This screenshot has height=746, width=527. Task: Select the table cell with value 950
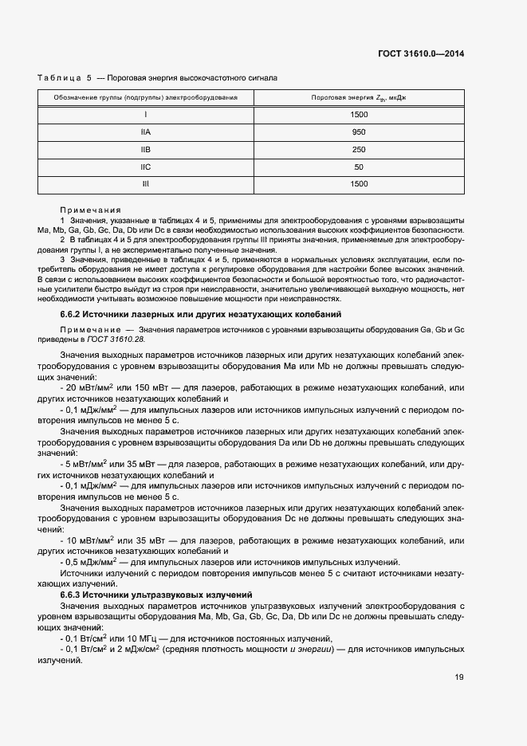pyautogui.click(x=359, y=132)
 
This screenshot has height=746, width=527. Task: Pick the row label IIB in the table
pyautogui.click(x=146, y=149)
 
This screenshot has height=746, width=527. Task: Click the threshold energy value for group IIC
pyautogui.click(x=359, y=167)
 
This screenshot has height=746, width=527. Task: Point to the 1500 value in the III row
pyautogui.click(x=359, y=184)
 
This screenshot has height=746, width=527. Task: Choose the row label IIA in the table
pyautogui.click(x=146, y=132)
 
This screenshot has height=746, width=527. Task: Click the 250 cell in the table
pyautogui.click(x=359, y=149)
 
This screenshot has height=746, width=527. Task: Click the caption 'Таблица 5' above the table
pyautogui.click(x=65, y=78)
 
